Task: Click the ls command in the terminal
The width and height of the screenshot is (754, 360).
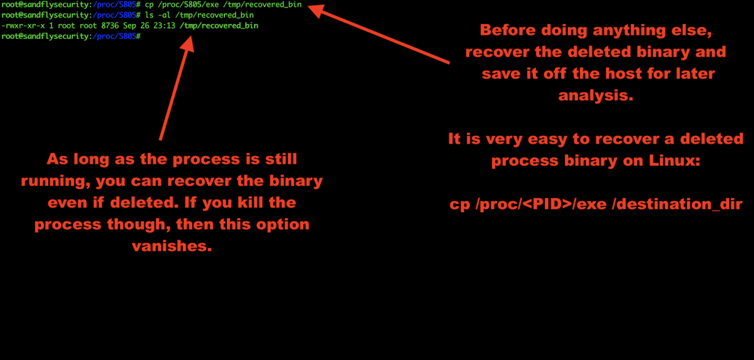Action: click(148, 15)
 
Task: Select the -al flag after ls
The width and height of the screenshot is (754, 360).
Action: click(162, 15)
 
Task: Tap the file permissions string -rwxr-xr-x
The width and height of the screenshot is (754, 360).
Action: click(21, 26)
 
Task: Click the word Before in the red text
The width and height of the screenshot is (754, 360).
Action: click(507, 30)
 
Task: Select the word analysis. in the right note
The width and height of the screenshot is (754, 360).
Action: click(594, 95)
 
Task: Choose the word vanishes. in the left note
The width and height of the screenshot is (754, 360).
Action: click(172, 246)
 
